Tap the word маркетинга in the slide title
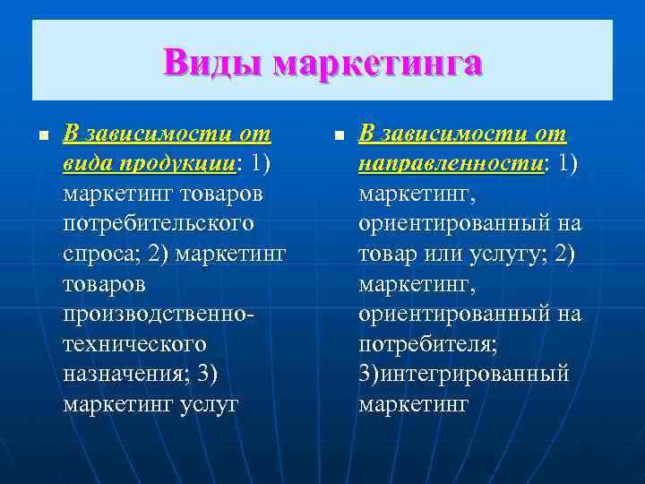[x=377, y=64]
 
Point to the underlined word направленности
[x=451, y=164]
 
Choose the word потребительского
[x=159, y=222]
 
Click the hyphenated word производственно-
[x=159, y=313]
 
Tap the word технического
[x=134, y=343]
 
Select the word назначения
[x=120, y=373]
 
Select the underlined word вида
[x=87, y=164]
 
